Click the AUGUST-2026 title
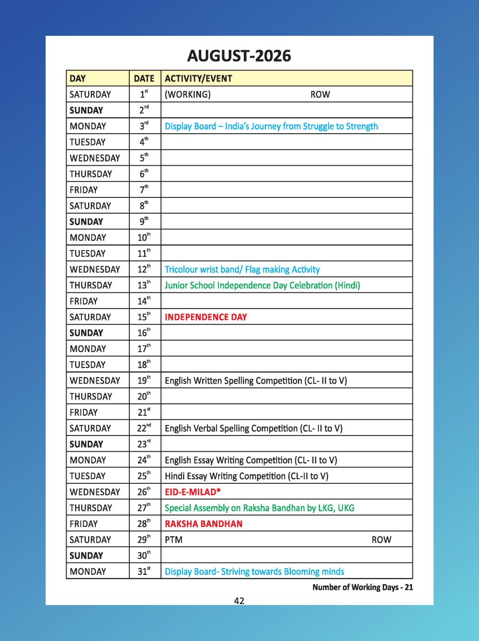[239, 56]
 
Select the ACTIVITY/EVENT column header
[198, 79]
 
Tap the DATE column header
[144, 79]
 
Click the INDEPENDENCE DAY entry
[206, 317]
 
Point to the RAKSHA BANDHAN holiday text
[204, 524]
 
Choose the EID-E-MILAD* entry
[193, 492]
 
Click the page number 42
[239, 601]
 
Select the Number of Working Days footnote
[363, 587]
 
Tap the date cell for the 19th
[144, 381]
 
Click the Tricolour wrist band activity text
[242, 270]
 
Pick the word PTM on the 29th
[173, 540]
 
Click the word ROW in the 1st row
[320, 94]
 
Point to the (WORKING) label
[187, 94]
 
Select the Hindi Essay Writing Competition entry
[246, 476]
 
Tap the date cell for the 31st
[144, 572]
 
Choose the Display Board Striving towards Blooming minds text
[254, 572]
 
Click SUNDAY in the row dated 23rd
[86, 445]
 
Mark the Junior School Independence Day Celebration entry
[262, 286]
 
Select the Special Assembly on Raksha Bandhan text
[259, 508]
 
